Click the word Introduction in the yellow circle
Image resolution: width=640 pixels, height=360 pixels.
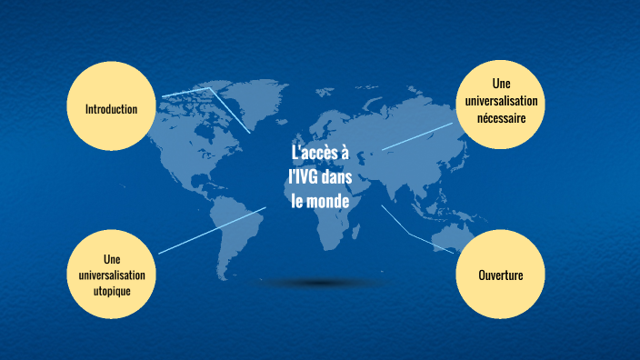click(x=111, y=109)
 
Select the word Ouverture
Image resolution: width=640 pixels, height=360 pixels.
click(x=500, y=275)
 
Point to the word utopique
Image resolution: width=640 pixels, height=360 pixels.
click(x=112, y=290)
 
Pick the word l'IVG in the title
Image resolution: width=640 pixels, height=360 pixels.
click(x=303, y=177)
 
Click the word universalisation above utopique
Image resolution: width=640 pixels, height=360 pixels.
click(x=112, y=275)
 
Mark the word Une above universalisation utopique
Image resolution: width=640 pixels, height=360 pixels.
click(x=112, y=259)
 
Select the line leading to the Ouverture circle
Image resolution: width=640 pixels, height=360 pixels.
click(x=409, y=232)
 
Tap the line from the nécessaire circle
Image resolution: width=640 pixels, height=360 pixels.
click(x=417, y=136)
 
